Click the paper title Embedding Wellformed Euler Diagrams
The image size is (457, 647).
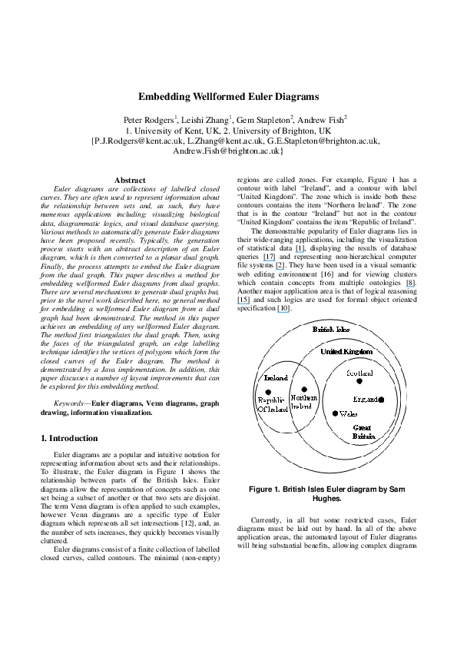(228, 98)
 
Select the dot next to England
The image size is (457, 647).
(380, 400)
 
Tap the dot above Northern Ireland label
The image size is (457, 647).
(305, 390)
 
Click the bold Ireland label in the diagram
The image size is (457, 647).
(276, 379)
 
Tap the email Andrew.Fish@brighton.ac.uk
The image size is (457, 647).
(228, 152)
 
